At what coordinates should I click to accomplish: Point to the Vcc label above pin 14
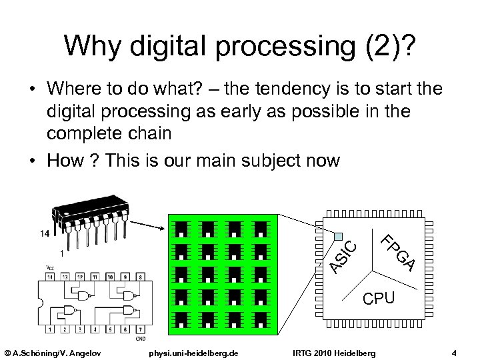point(50,267)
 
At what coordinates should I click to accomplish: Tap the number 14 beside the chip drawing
point(44,233)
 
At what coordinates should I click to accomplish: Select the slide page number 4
point(453,352)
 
